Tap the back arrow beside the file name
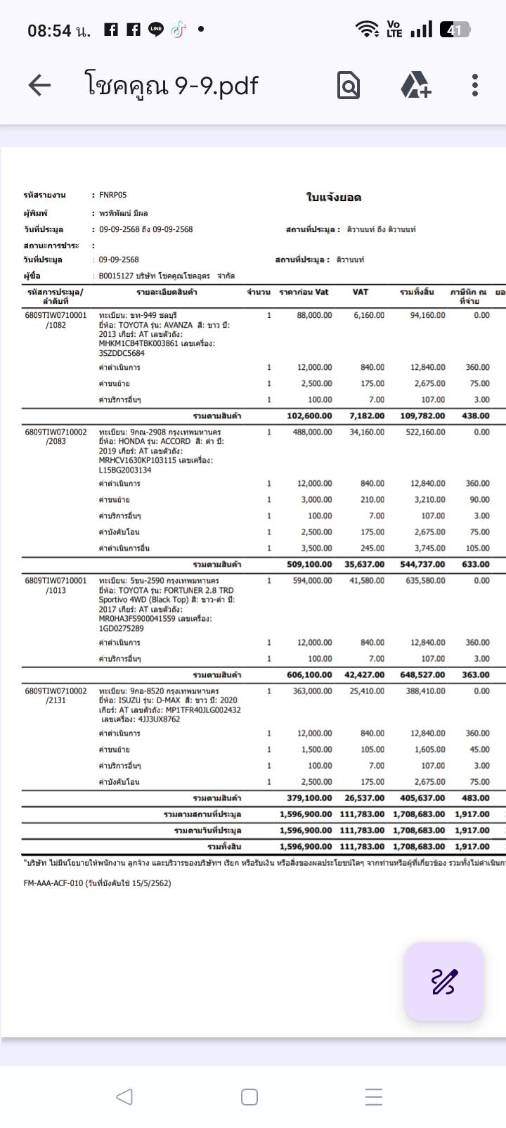pos(39,85)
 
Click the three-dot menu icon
pos(475,85)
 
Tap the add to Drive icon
pos(416,85)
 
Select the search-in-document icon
pos(349,86)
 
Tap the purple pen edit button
pos(444,981)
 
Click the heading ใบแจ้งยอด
pos(334,198)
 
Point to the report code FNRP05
pos(113,195)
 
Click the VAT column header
pos(360,292)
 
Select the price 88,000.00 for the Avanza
pos(315,315)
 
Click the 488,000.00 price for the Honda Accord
pos(312,432)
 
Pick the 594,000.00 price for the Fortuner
pos(312,581)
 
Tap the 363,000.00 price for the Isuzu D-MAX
pos(312,691)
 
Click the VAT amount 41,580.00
pos(367,581)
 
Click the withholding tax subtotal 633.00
pos(476,564)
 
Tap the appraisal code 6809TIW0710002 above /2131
pos(56,691)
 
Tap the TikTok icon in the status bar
pos(179,30)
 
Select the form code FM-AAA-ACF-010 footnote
pos(97,883)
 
